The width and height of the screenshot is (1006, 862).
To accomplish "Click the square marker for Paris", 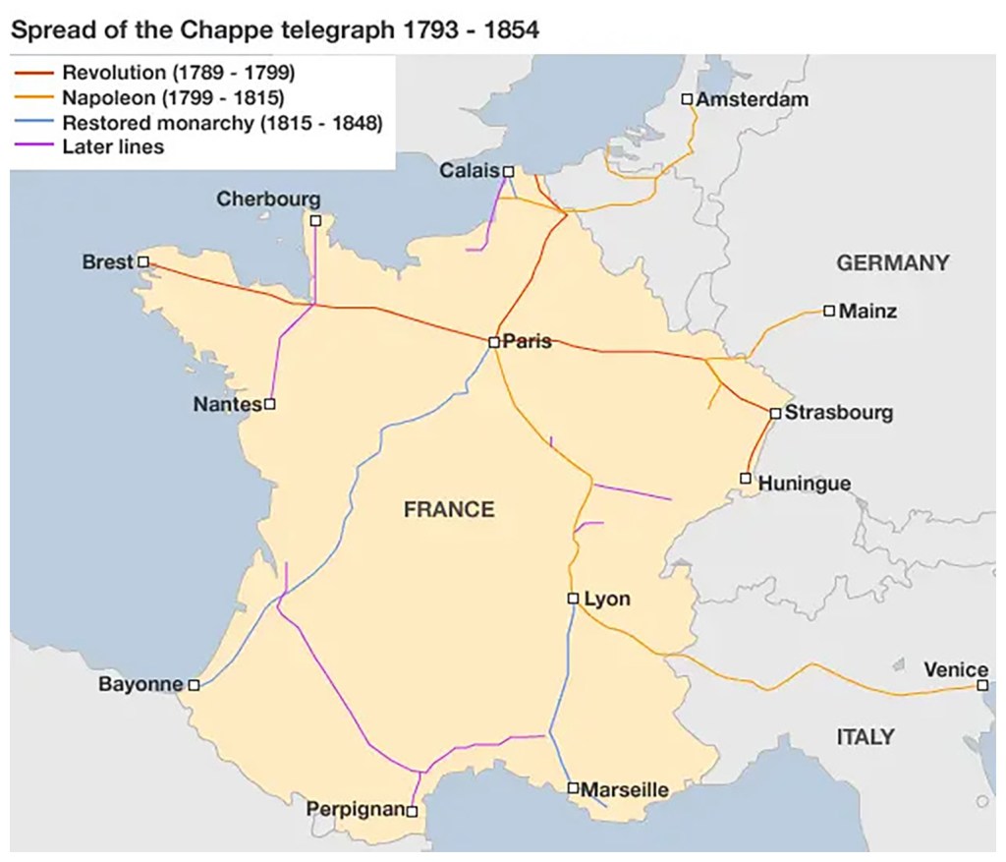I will pyautogui.click(x=494, y=342).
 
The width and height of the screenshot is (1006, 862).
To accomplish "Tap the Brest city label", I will pyautogui.click(x=107, y=262).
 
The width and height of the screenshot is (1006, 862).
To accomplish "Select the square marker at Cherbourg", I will pyautogui.click(x=315, y=220).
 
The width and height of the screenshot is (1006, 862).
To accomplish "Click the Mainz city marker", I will pyautogui.click(x=829, y=311).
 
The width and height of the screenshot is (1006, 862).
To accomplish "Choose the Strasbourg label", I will pyautogui.click(x=839, y=413).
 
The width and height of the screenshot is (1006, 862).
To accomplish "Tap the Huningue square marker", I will pyautogui.click(x=746, y=479).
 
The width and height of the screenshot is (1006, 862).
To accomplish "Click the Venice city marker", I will pyautogui.click(x=982, y=685).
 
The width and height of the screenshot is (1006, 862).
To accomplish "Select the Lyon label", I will pyautogui.click(x=607, y=599).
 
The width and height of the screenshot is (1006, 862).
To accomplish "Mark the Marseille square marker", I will pyautogui.click(x=573, y=787).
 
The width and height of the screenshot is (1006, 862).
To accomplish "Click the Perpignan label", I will pyautogui.click(x=355, y=810).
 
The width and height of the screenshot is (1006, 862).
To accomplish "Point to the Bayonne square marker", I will pyautogui.click(x=194, y=685).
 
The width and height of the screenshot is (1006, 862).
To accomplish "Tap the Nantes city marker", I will pyautogui.click(x=270, y=404).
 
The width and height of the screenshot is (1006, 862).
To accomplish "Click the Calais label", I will pyautogui.click(x=470, y=171).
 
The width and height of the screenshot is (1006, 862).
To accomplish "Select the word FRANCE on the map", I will pyautogui.click(x=449, y=509).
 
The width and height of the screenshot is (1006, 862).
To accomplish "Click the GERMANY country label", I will pyautogui.click(x=892, y=262).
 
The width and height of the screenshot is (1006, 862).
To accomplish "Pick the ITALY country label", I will pyautogui.click(x=865, y=736).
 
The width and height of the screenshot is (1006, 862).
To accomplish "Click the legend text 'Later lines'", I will pyautogui.click(x=113, y=147).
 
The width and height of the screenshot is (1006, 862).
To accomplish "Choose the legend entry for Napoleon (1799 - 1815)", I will pyautogui.click(x=172, y=97).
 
